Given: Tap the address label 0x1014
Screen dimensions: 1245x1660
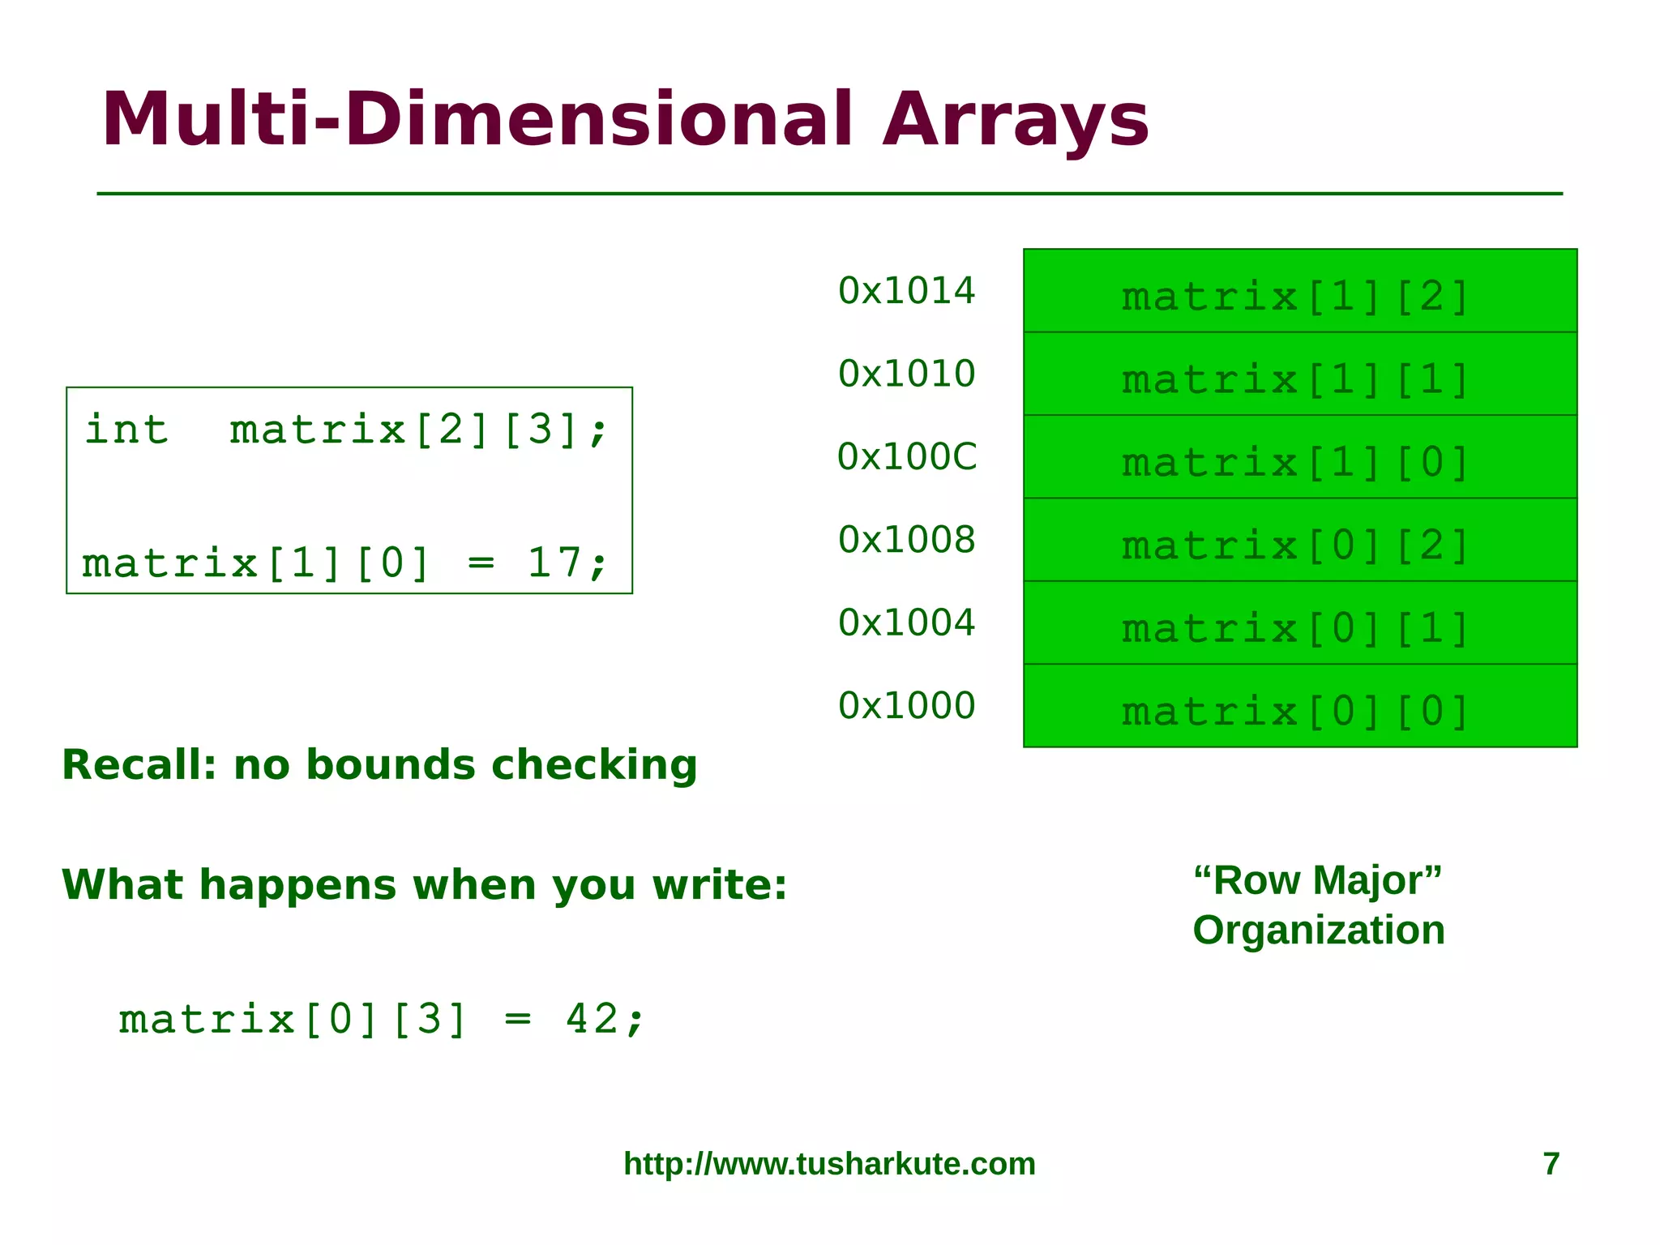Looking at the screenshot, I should (906, 291).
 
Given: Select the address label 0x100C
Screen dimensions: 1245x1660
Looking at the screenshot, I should (907, 457).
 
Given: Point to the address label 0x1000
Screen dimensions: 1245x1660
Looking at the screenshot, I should (906, 706).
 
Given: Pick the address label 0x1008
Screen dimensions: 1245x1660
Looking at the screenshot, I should (906, 540).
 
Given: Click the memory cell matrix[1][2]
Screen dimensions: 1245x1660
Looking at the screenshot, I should (1299, 292).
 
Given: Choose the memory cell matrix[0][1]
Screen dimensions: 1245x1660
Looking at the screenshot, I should (1299, 623).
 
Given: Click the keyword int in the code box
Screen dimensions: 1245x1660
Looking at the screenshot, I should (126, 430).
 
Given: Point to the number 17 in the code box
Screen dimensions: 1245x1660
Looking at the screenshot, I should (554, 562).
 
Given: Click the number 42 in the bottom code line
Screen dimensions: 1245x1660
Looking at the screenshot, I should (592, 1019).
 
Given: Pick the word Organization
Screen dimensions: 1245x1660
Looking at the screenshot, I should (1319, 931).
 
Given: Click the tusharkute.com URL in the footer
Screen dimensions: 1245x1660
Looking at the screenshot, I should (829, 1164).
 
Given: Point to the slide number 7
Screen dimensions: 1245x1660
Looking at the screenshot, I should (1551, 1164).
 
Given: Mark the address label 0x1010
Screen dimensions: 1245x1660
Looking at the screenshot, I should (906, 374).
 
